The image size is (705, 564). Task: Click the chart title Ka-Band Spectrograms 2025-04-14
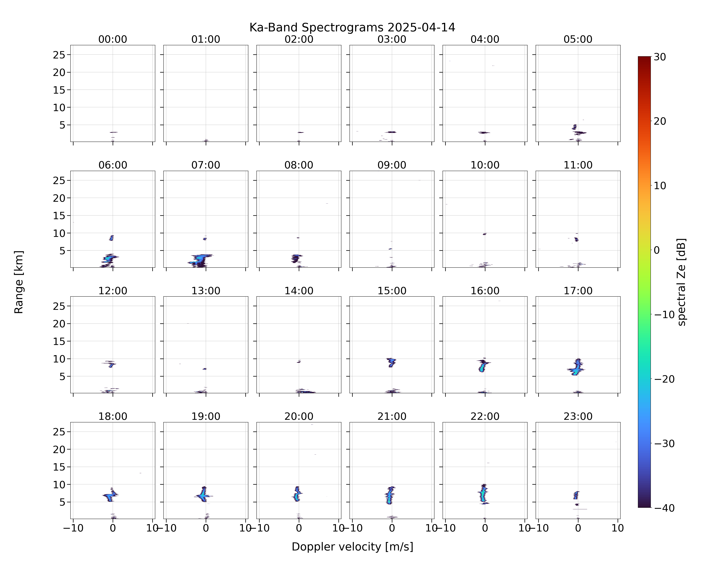[x=352, y=27]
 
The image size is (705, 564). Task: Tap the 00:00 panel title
[x=113, y=39]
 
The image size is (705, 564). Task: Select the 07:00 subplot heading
[x=206, y=165]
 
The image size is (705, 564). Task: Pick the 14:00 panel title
[x=299, y=291]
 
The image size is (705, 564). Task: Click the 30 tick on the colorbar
[x=660, y=57]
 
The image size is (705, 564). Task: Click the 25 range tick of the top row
[x=59, y=55]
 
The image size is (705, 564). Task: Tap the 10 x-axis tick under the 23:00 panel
[x=618, y=528]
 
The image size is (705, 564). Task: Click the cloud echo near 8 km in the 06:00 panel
[x=111, y=238]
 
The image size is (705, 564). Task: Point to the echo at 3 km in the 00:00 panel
[x=114, y=132]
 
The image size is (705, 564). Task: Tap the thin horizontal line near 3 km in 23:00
[x=580, y=509]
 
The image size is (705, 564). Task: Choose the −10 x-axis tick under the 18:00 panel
[x=73, y=528]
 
